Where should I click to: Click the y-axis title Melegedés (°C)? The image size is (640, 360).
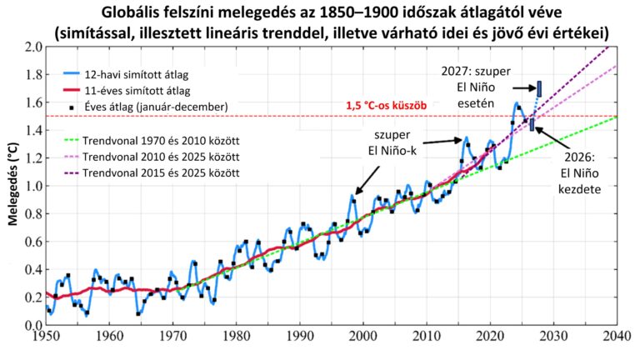12,185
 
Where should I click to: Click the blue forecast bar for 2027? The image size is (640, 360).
539,87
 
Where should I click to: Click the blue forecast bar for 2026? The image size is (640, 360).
532,125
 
